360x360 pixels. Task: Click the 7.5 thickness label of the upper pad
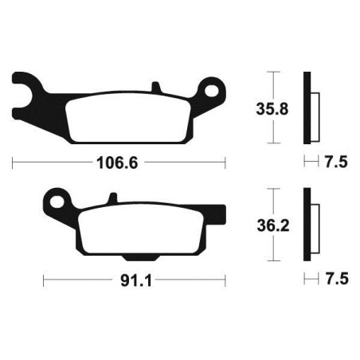335,163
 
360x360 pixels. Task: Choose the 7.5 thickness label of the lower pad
335,280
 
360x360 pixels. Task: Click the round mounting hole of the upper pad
213,89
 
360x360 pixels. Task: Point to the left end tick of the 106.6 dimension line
14,163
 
